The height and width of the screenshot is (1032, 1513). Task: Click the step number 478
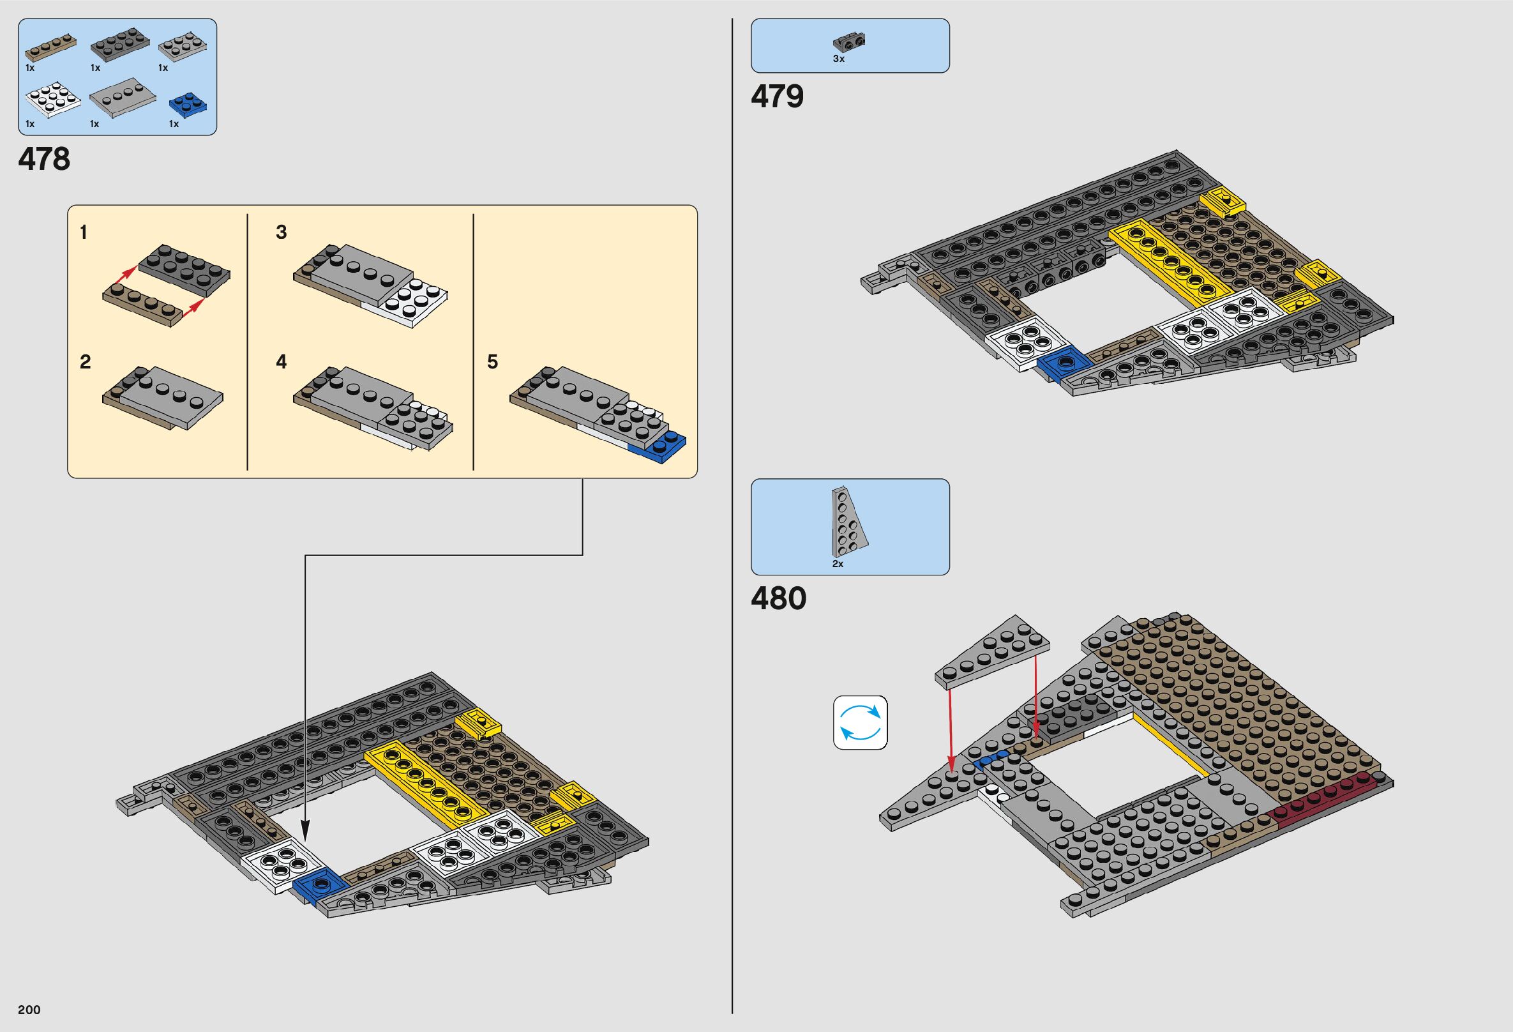click(x=44, y=160)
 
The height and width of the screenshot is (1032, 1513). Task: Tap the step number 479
click(x=778, y=97)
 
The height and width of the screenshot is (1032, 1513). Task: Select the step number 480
click(x=779, y=598)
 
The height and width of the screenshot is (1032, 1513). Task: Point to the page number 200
click(x=29, y=1009)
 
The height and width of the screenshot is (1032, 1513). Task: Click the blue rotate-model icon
click(x=860, y=723)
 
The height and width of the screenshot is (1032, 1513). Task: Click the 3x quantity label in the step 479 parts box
click(x=838, y=59)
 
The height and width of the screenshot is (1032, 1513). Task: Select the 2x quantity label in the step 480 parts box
click(x=838, y=564)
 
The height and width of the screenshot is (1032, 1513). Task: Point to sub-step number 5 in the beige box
click(x=492, y=362)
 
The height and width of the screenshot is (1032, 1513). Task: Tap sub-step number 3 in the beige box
click(x=282, y=232)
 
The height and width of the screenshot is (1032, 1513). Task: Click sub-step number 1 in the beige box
click(x=84, y=232)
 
